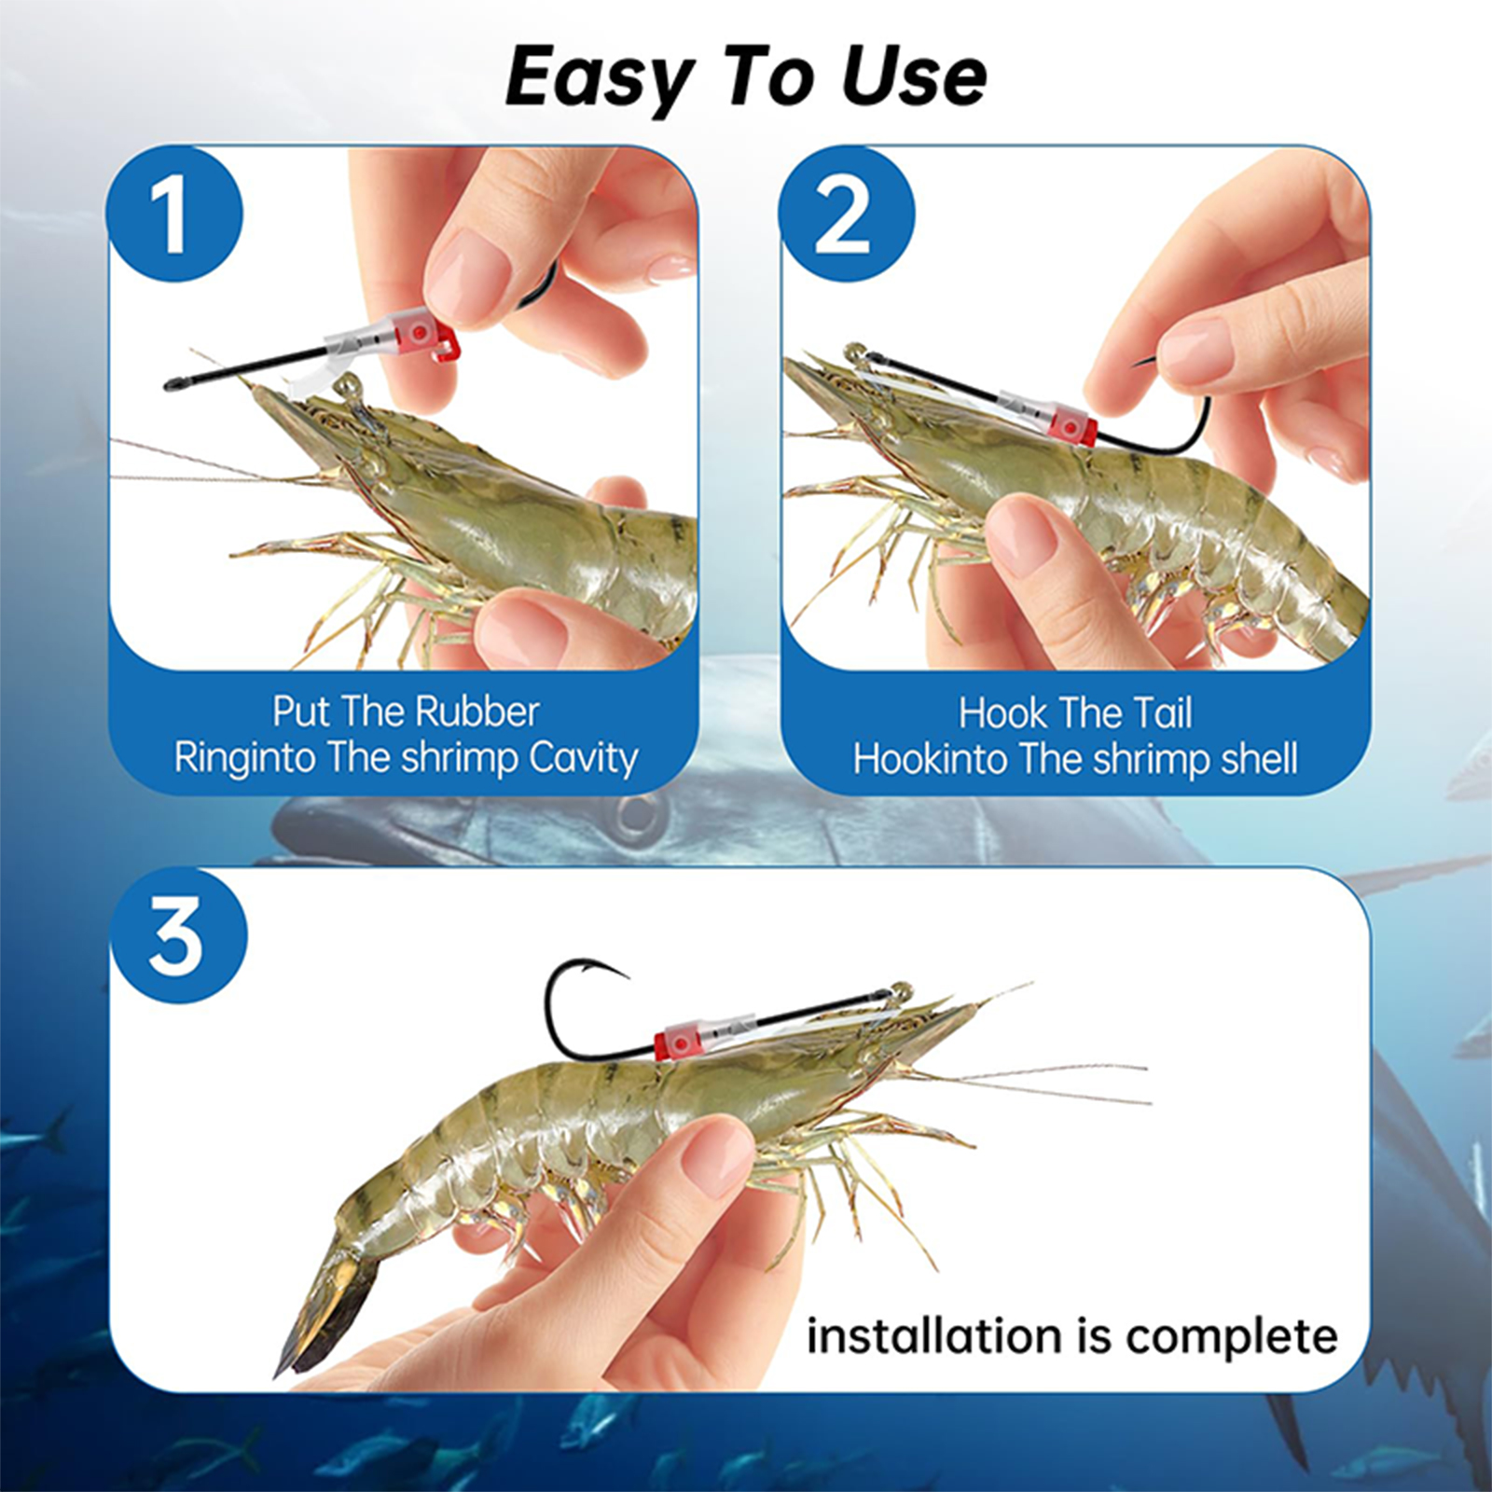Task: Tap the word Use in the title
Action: pyautogui.click(x=913, y=76)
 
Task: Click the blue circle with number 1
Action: pyautogui.click(x=175, y=214)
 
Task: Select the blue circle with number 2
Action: pyautogui.click(x=846, y=214)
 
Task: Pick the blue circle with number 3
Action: pyautogui.click(x=179, y=935)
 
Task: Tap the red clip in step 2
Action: pyautogui.click(x=1072, y=424)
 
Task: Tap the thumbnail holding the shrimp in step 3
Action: pyautogui.click(x=716, y=1156)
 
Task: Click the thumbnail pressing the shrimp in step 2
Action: pyautogui.click(x=1021, y=537)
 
